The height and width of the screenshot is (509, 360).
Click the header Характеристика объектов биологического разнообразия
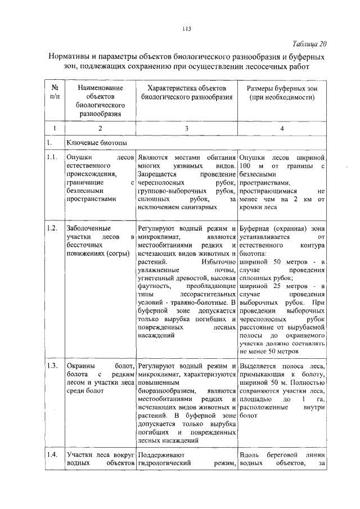186,94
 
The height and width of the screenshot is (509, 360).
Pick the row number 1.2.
52,228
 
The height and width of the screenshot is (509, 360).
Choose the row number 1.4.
52,454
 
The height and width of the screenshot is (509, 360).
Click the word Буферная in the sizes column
255,228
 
